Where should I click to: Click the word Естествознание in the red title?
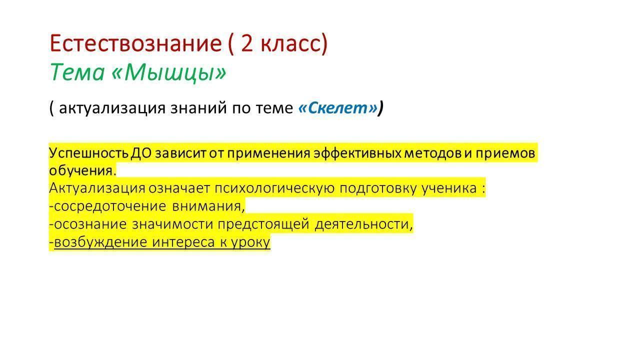135,43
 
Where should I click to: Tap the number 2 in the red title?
247,43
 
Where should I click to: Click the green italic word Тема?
77,71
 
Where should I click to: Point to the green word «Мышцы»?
168,72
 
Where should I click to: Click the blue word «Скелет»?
337,107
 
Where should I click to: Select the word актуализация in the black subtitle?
112,108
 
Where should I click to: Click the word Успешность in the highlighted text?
88,153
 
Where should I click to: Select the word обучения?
81,170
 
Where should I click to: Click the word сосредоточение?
109,206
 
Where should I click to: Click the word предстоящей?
263,224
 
